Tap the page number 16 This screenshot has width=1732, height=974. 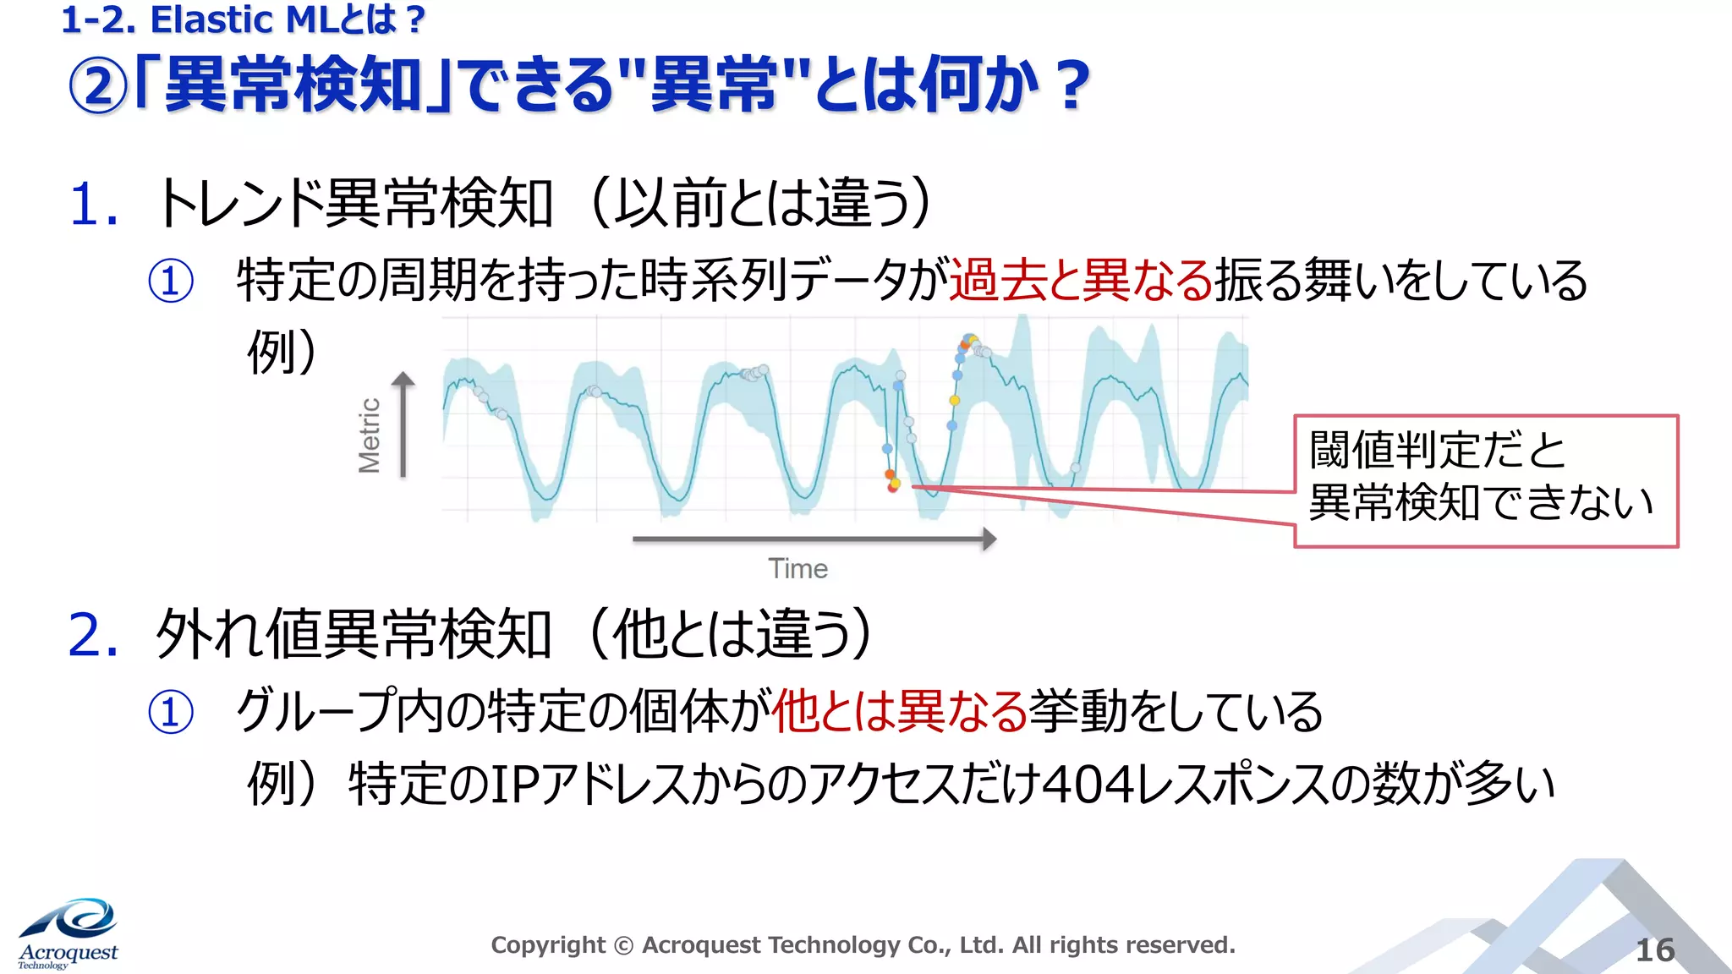pyautogui.click(x=1655, y=950)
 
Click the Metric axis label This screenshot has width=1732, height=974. pyautogui.click(x=370, y=435)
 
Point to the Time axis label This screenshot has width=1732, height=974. pyautogui.click(x=797, y=569)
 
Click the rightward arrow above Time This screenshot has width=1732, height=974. pyautogui.click(x=814, y=539)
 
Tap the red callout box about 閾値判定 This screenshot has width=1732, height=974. pyautogui.click(x=1485, y=480)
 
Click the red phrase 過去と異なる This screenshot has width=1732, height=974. pyautogui.click(x=1081, y=280)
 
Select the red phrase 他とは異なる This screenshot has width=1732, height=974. pyautogui.click(x=899, y=711)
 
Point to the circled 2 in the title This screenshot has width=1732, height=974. pyautogui.click(x=98, y=86)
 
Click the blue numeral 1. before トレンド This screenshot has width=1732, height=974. pyautogui.click(x=92, y=205)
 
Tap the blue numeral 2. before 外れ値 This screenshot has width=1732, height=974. pyautogui.click(x=92, y=636)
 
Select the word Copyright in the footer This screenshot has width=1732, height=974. pyautogui.click(x=548, y=944)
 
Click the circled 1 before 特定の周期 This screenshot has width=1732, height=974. pyautogui.click(x=171, y=282)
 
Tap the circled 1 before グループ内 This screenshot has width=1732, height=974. pyautogui.click(x=171, y=712)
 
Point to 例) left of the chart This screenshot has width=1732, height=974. pyautogui.click(x=282, y=352)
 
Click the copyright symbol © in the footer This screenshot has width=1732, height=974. pyautogui.click(x=623, y=945)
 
